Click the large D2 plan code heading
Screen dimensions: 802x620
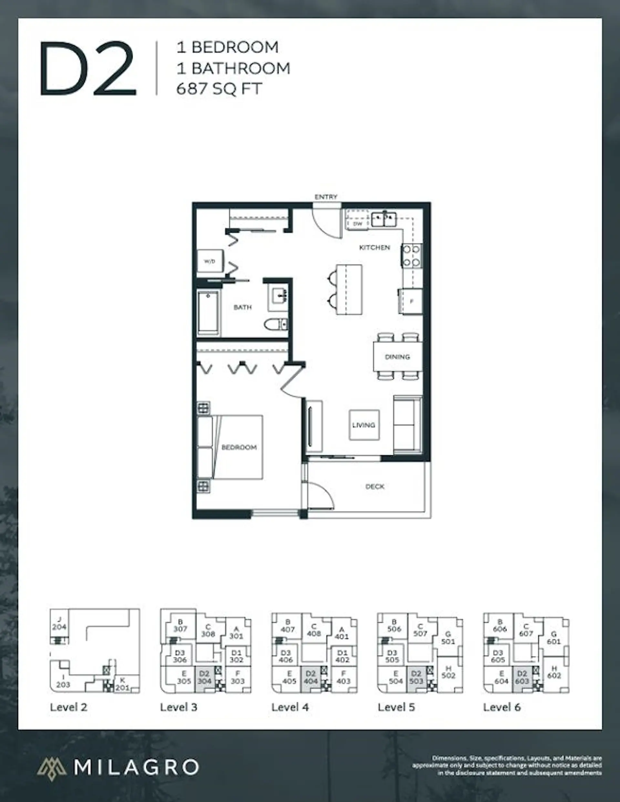point(88,69)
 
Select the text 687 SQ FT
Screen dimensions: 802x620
point(219,89)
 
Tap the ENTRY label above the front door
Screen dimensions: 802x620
point(326,197)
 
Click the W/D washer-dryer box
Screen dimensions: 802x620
point(210,261)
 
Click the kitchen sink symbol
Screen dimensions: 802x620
point(383,220)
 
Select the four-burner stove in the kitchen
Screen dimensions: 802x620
point(411,256)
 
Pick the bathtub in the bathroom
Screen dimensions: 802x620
point(208,313)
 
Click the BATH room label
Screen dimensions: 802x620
point(243,307)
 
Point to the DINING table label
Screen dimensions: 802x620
point(398,356)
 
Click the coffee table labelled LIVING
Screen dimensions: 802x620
point(364,425)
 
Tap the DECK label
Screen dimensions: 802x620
point(375,487)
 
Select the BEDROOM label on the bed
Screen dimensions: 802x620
point(239,447)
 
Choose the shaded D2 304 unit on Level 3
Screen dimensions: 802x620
point(204,677)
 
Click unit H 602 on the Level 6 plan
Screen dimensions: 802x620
point(554,673)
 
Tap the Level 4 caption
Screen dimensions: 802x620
point(290,707)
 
